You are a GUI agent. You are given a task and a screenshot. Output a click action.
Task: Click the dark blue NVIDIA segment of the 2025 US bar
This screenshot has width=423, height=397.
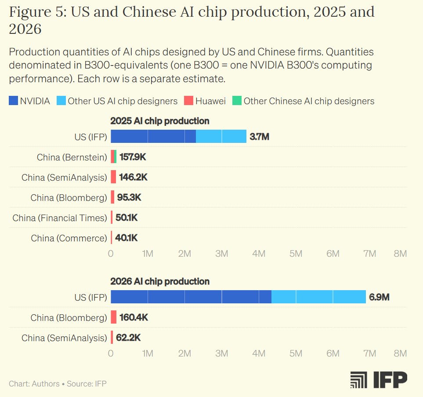(153, 136)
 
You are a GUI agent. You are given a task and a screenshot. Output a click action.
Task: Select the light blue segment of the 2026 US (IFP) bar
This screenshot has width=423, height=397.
(318, 297)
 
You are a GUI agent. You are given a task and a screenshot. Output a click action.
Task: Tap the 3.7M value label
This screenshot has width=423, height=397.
(259, 137)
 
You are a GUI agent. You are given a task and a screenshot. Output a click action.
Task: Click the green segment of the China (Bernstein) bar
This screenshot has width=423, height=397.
(115, 157)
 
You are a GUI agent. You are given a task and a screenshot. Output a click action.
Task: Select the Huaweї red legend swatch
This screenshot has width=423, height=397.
(188, 101)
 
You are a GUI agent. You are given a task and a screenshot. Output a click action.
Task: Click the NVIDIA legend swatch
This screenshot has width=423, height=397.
(13, 101)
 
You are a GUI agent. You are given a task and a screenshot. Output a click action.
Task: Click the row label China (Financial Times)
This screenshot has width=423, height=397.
(60, 218)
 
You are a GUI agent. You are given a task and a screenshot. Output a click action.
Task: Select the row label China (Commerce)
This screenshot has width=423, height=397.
(69, 238)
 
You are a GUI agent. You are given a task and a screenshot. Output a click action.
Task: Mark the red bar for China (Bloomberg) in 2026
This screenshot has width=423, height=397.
(114, 317)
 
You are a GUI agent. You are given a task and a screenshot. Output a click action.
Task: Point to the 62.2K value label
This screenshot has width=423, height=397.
(130, 338)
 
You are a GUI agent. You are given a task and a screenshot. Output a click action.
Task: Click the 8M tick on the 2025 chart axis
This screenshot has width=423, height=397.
(400, 254)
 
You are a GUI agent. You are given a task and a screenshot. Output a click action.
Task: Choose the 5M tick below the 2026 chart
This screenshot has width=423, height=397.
(296, 353)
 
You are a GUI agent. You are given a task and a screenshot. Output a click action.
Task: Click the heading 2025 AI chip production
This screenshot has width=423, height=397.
(160, 121)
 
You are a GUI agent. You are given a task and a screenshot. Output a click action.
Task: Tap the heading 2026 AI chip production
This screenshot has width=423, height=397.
(160, 281)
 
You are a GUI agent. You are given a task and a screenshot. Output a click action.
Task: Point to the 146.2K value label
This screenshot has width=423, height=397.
(133, 177)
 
